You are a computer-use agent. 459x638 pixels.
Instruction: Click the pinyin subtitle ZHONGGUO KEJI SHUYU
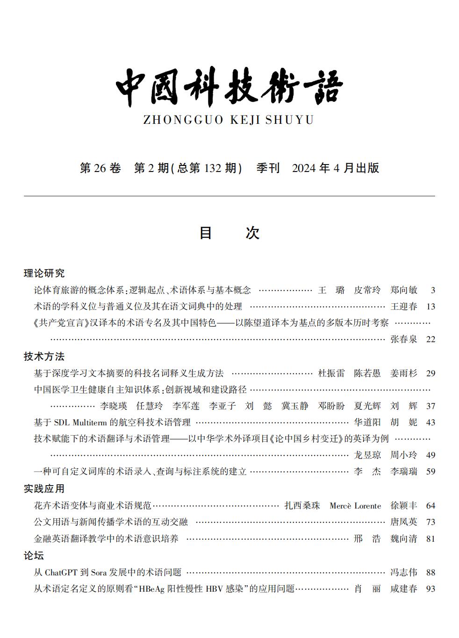click(x=228, y=120)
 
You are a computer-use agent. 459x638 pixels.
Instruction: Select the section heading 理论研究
click(x=44, y=273)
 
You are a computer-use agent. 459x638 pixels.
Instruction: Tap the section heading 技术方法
click(x=44, y=357)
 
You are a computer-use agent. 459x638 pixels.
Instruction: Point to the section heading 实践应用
click(x=44, y=489)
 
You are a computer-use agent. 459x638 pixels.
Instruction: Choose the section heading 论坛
click(x=34, y=556)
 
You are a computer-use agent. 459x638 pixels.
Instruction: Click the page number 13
click(x=430, y=307)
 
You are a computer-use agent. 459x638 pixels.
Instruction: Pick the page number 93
click(x=430, y=589)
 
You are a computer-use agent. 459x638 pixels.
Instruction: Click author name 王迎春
click(x=404, y=307)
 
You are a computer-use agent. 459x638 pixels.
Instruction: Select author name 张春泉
click(x=404, y=339)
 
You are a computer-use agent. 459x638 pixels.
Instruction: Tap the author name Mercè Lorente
click(x=355, y=506)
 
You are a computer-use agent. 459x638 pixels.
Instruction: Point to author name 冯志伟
click(x=404, y=573)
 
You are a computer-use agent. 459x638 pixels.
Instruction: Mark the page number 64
click(x=430, y=506)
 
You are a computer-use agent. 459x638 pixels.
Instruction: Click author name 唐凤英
click(x=404, y=522)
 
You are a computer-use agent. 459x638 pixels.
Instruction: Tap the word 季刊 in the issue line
click(x=268, y=168)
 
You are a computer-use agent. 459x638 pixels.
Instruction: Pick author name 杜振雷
click(x=331, y=373)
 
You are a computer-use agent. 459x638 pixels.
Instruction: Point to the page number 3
click(x=433, y=290)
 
